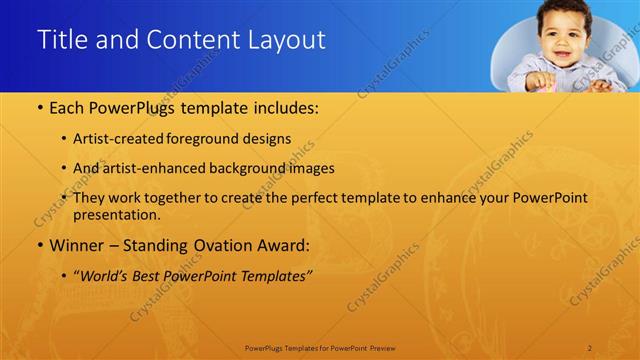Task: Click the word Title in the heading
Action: click(x=61, y=40)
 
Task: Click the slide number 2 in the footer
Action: click(x=590, y=347)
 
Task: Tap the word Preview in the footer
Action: click(x=382, y=347)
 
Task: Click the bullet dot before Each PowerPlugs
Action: click(x=38, y=107)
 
